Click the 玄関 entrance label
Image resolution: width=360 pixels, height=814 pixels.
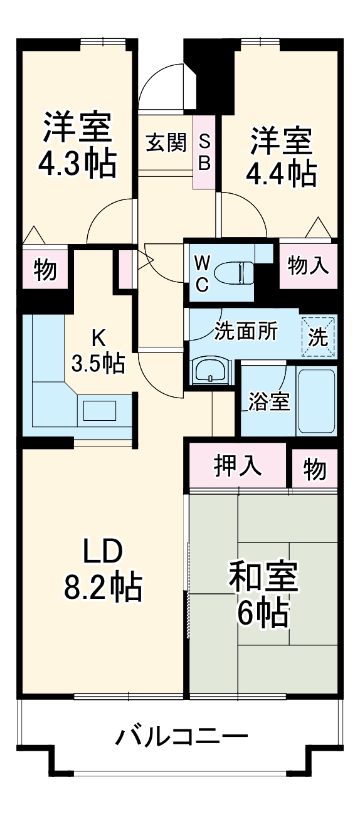coord(167,144)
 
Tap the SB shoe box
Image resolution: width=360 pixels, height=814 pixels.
coord(204,152)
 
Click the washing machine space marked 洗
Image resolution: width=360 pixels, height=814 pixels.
coord(318,337)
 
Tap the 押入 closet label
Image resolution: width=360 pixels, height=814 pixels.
coord(238,467)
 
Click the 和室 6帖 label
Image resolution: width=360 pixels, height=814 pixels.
coord(263,593)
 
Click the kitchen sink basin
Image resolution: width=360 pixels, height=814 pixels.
coord(100,411)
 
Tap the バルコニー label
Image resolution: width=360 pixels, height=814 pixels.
coord(181,736)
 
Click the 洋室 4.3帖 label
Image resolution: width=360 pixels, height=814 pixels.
coord(77,145)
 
